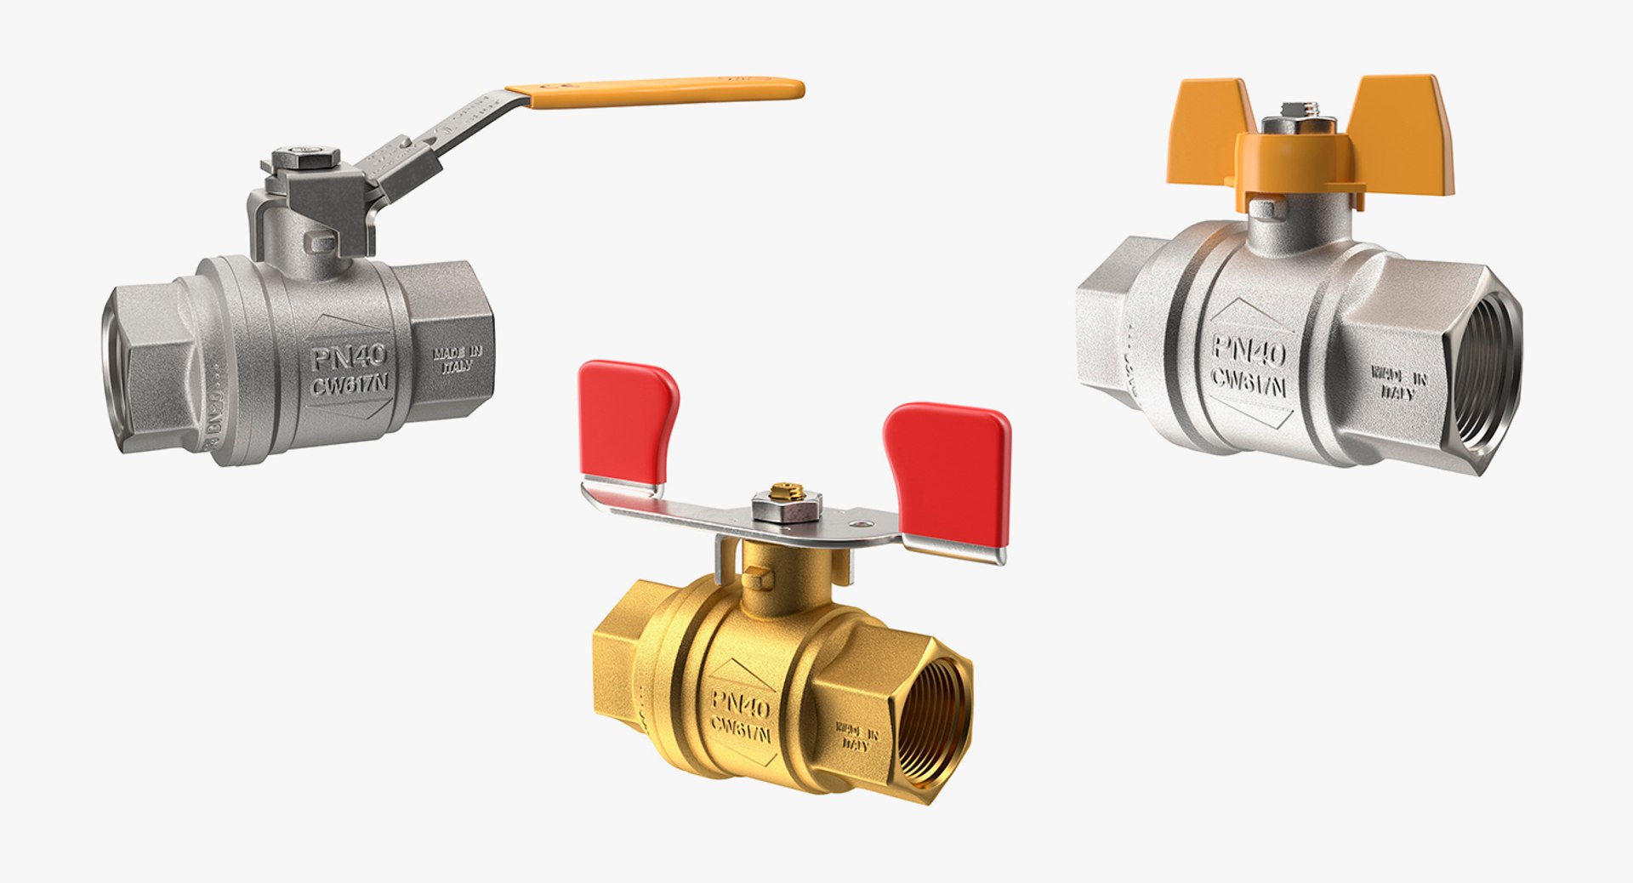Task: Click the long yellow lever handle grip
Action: coord(663,92)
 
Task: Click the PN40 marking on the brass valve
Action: coord(740,702)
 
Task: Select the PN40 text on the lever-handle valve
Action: coord(348,357)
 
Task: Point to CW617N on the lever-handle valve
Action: coord(350,385)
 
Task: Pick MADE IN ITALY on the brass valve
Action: coord(857,736)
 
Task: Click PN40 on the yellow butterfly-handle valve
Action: coord(1249,349)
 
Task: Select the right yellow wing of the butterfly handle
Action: coord(1403,132)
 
